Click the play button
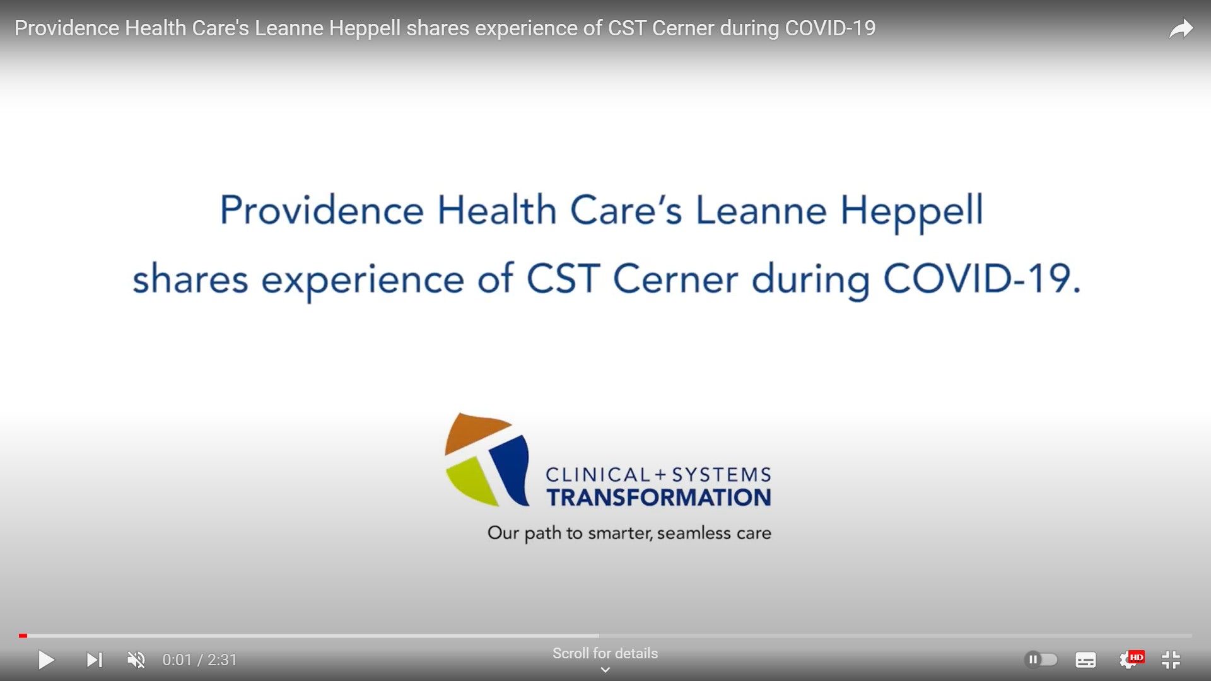[46, 660]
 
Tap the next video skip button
[94, 660]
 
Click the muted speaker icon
[136, 660]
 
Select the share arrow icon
[1181, 29]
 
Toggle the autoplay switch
[1041, 660]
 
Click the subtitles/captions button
[1085, 660]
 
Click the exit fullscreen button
[1171, 660]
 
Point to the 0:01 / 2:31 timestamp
[200, 660]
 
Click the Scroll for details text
[605, 654]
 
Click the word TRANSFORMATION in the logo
[658, 498]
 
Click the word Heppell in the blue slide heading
[911, 211]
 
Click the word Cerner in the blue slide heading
[675, 279]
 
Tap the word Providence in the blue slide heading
[322, 211]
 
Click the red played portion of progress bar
[23, 636]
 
